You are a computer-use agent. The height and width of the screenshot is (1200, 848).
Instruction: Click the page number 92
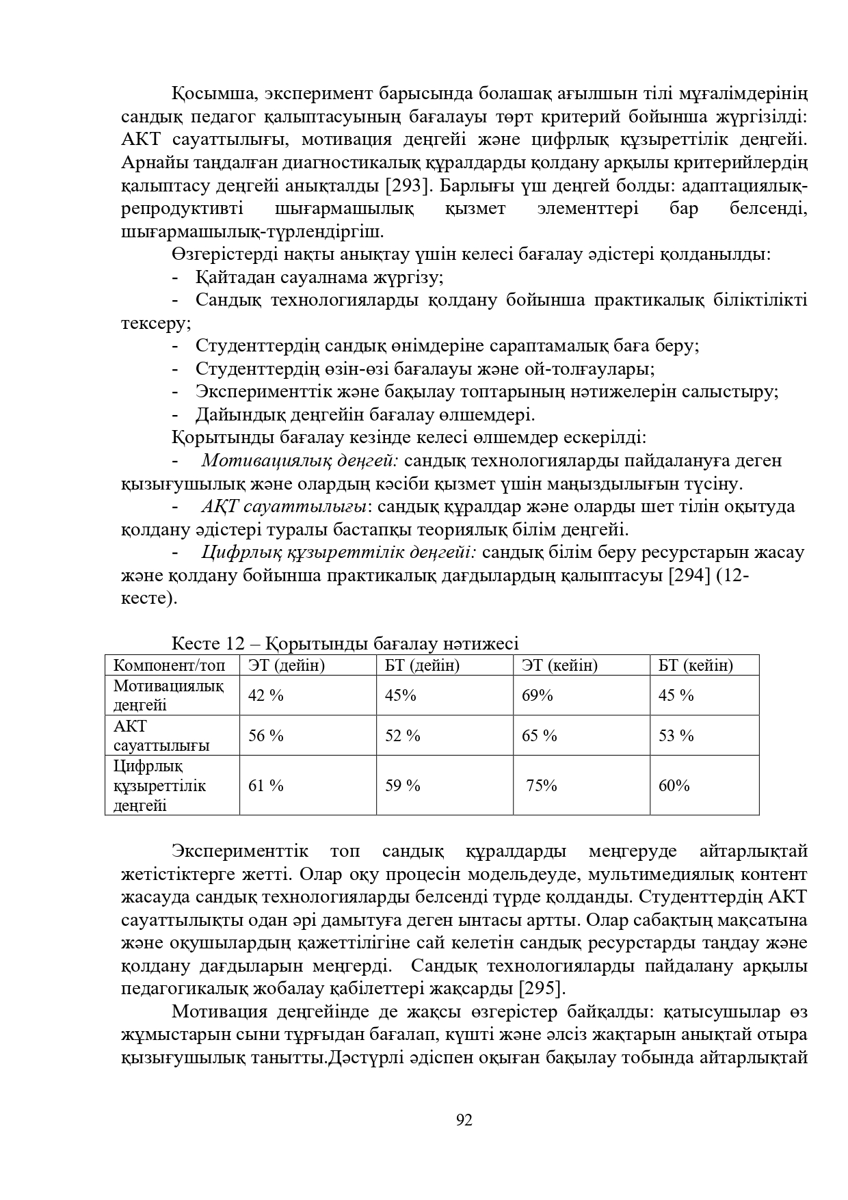point(464,1120)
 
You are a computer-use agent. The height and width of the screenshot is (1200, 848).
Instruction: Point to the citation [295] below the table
point(542,989)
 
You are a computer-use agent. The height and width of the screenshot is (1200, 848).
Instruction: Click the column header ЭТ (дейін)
point(287,665)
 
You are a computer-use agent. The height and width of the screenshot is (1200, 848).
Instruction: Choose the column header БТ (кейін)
point(695,665)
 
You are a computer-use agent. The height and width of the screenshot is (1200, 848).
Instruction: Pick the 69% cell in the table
point(538,695)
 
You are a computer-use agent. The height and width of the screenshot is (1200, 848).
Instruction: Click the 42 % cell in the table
point(266,695)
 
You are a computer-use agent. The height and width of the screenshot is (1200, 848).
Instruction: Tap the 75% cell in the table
point(542,786)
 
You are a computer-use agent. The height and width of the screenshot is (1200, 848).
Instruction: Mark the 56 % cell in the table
point(266,736)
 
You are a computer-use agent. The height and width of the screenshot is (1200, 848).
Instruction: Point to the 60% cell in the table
point(674,786)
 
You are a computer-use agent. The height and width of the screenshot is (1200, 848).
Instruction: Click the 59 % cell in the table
point(403,786)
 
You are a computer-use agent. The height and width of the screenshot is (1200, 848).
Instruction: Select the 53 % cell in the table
point(676,736)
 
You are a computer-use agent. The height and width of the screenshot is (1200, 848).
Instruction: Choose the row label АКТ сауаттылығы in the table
point(161,736)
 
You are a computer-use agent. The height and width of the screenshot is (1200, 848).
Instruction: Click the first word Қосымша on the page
point(213,93)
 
